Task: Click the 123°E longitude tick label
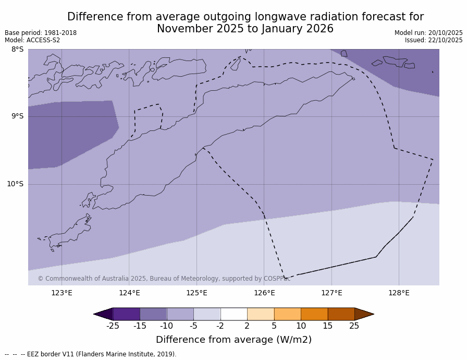click(62, 293)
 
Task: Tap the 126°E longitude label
click(264, 293)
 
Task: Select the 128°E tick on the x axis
click(399, 293)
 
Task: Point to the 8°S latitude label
click(17, 50)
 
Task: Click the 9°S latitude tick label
click(17, 116)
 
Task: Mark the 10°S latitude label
click(15, 184)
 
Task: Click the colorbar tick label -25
click(113, 326)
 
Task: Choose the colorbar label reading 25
click(354, 326)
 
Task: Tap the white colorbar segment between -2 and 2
click(233, 314)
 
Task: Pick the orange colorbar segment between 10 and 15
click(314, 314)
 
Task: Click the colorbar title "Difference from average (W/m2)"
click(233, 340)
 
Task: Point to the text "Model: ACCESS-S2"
click(32, 40)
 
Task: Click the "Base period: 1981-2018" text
click(41, 33)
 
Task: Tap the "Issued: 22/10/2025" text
click(434, 40)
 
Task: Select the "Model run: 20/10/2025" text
click(428, 33)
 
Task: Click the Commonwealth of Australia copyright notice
click(164, 279)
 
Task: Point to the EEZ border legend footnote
click(91, 354)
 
